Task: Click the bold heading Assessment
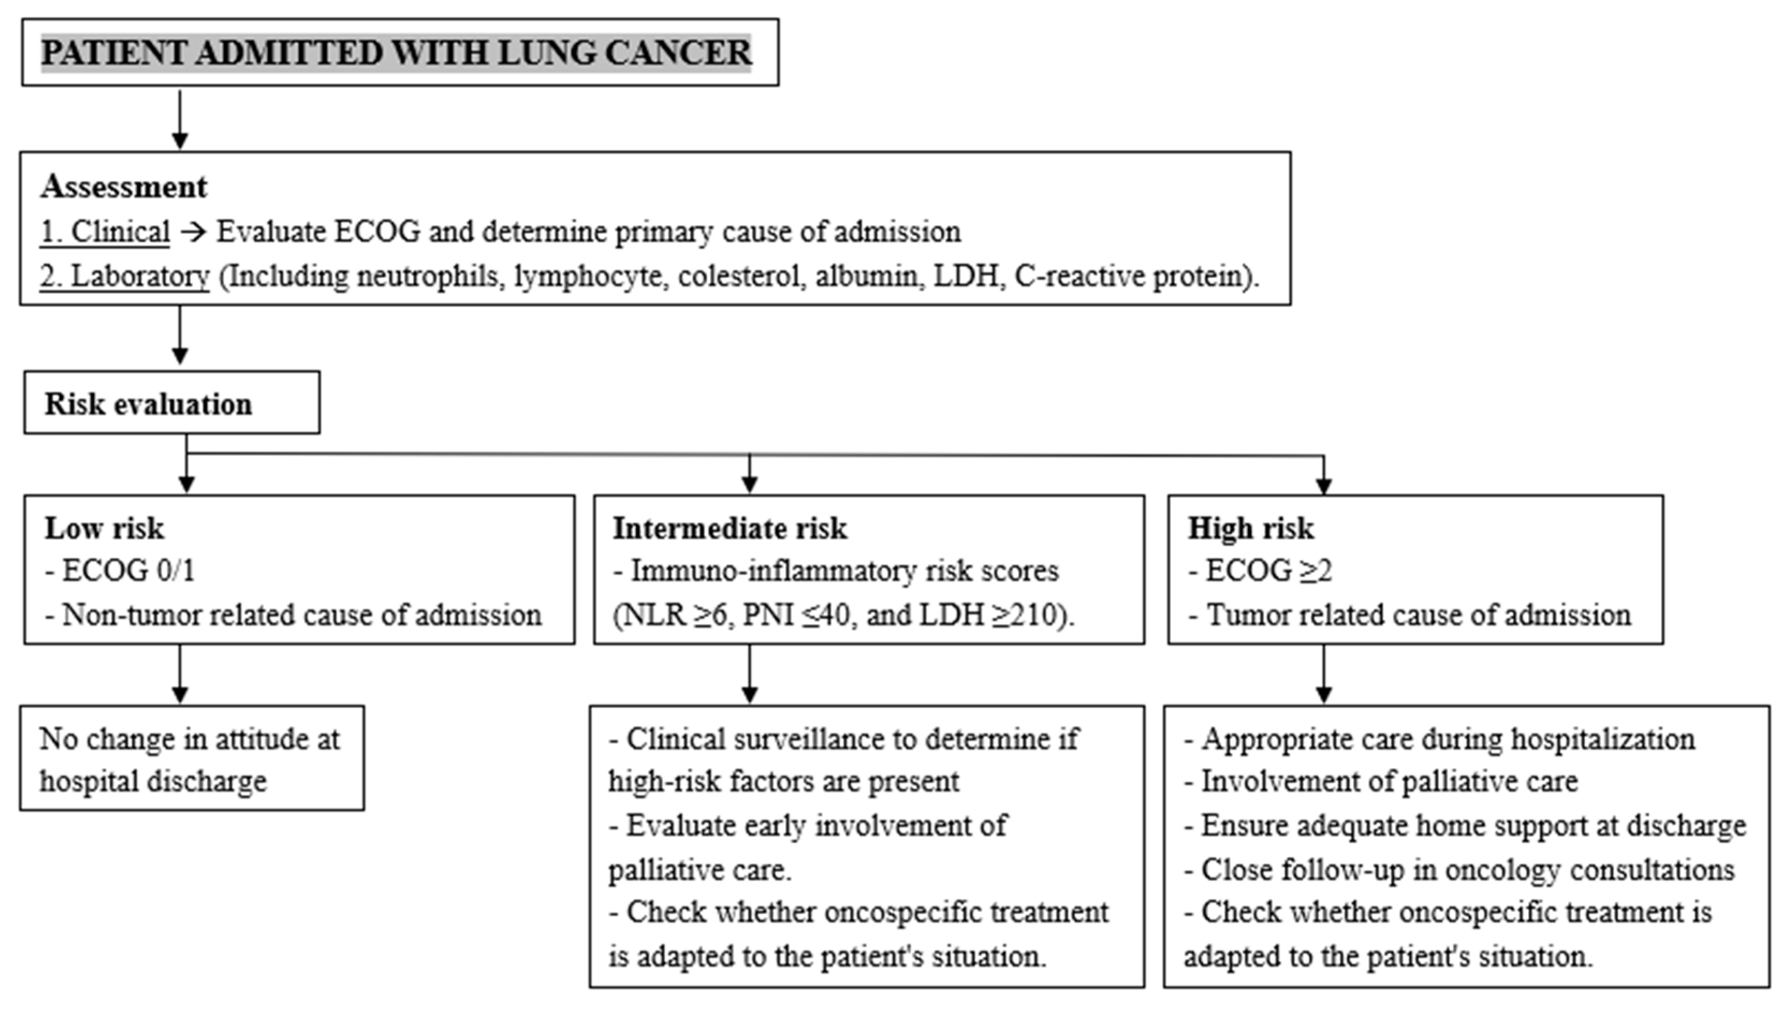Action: pos(123,187)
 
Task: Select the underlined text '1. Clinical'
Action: pos(105,232)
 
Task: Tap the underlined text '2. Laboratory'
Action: pos(124,276)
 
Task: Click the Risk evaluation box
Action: pos(172,403)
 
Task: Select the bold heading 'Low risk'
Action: pos(104,529)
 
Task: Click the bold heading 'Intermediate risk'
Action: pos(730,529)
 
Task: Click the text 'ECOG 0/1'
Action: pos(128,571)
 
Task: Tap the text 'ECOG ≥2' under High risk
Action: pos(1268,571)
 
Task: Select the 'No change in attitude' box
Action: pos(191,759)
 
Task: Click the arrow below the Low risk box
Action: pos(180,674)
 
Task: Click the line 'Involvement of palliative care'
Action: pos(1388,781)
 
